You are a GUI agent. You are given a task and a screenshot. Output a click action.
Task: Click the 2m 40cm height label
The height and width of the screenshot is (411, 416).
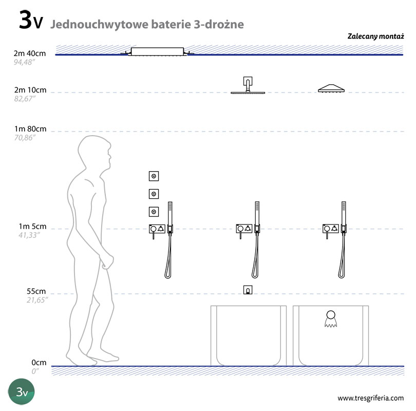[30, 53]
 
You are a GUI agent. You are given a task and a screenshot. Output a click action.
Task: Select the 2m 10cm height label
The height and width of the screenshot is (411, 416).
[30, 90]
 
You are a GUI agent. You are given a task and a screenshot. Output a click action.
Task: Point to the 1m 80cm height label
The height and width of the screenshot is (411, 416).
[30, 129]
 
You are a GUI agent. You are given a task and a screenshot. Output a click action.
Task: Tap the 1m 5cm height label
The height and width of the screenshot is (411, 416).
[32, 227]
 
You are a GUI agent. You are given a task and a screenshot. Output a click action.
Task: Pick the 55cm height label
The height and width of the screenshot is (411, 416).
[36, 291]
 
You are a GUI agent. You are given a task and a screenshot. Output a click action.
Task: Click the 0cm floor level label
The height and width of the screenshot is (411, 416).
[39, 362]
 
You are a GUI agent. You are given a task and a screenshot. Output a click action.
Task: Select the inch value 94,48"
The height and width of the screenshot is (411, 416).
[25, 62]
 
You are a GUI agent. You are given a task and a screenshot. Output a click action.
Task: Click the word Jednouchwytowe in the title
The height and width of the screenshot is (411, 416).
[99, 25]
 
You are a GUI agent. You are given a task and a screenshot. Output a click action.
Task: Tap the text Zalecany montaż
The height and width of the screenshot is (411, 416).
[375, 36]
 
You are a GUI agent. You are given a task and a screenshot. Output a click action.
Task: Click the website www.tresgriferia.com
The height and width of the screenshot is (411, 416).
[371, 398]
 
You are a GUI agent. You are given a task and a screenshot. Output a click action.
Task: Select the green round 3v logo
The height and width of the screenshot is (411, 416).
[21, 391]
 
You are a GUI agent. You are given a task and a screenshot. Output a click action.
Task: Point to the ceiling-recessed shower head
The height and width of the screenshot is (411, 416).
[157, 52]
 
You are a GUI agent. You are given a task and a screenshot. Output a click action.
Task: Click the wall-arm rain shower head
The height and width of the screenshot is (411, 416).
[248, 85]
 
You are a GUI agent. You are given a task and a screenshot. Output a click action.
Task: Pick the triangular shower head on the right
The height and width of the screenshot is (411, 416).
[331, 88]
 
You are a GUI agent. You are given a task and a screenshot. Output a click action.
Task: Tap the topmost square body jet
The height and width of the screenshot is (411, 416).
[154, 176]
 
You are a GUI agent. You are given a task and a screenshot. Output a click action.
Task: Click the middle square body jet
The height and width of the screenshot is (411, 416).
[154, 194]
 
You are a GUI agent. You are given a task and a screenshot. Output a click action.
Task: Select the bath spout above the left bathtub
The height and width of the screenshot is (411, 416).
[248, 290]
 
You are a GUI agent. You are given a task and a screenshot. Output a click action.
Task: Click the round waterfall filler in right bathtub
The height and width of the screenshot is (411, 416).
[331, 319]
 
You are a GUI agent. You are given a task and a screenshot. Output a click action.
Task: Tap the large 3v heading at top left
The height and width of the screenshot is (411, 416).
[31, 20]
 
